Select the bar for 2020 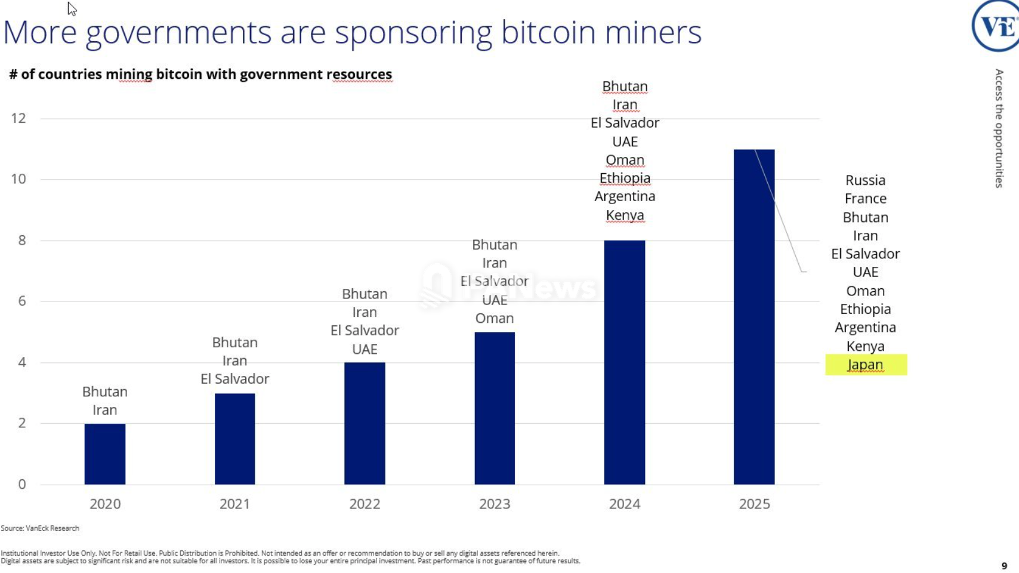click(x=105, y=454)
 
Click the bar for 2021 click(x=234, y=439)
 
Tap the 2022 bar click(x=365, y=423)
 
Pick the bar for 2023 click(x=495, y=408)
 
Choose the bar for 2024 click(x=625, y=362)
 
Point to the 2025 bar click(x=754, y=316)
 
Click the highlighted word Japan click(x=865, y=365)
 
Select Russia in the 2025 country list click(x=865, y=180)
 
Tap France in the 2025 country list click(x=865, y=199)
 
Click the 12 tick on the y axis click(x=18, y=118)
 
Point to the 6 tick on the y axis click(x=22, y=301)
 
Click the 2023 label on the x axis click(x=495, y=504)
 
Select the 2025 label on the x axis click(x=754, y=504)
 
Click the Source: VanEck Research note click(x=40, y=528)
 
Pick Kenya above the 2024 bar click(x=625, y=215)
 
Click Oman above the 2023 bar click(x=495, y=318)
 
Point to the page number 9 click(x=1004, y=566)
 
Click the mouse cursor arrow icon click(x=72, y=9)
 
